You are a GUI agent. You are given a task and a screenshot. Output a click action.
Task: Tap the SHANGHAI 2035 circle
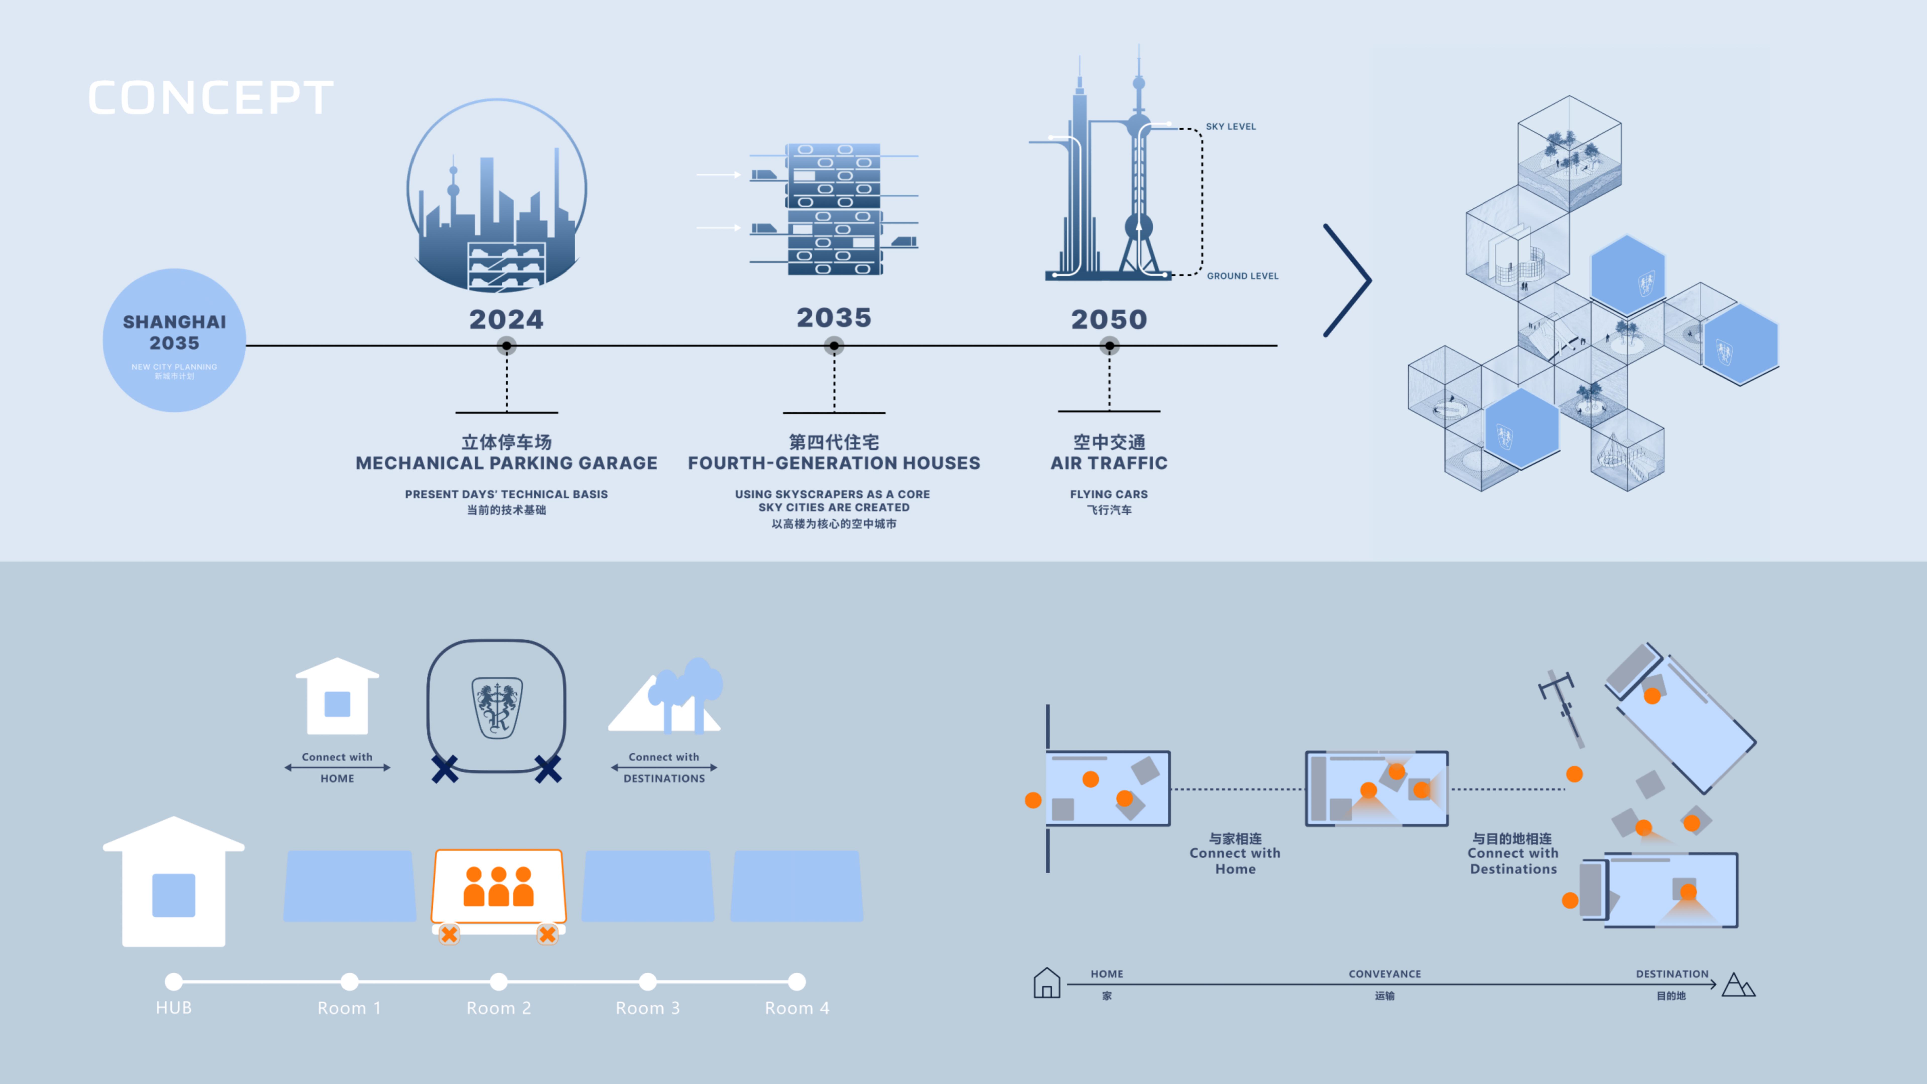coord(174,341)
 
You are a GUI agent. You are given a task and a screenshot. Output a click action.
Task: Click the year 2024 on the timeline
coord(506,319)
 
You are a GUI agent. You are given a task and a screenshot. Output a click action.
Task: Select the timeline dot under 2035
coord(834,346)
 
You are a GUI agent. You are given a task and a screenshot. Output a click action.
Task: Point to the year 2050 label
coord(1109,319)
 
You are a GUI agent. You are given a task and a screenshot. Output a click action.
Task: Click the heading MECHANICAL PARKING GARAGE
coord(506,463)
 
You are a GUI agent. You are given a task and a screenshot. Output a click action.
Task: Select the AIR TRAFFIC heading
coord(1109,463)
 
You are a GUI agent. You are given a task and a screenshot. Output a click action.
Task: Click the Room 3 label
coord(648,1008)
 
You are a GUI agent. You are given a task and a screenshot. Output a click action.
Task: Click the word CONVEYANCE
coord(1385,973)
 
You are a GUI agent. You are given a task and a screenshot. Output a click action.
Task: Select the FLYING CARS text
coord(1109,494)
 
